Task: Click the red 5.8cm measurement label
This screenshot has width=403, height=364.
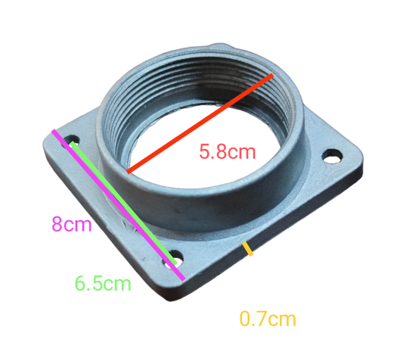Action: tap(227, 151)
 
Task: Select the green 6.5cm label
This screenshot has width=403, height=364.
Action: tap(103, 285)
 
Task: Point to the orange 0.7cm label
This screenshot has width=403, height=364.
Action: tap(267, 319)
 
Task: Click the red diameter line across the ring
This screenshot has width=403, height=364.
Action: tap(200, 124)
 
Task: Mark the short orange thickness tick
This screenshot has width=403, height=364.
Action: tap(250, 252)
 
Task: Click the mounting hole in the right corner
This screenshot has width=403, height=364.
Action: tap(329, 157)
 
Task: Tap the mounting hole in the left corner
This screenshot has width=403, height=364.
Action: tap(72, 142)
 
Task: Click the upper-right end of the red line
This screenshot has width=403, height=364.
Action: tap(271, 76)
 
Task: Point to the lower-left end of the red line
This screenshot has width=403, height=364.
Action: tap(129, 172)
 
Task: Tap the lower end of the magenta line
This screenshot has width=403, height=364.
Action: tap(184, 278)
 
